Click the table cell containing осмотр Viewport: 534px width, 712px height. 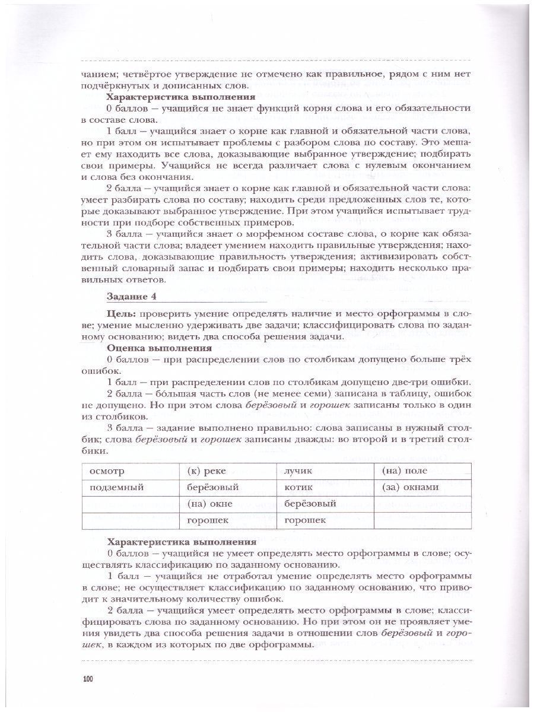click(x=129, y=471)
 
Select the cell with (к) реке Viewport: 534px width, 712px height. click(x=227, y=471)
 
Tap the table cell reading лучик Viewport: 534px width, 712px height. click(x=325, y=471)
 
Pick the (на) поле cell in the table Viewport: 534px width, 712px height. click(x=422, y=471)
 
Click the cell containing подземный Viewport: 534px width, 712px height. click(x=129, y=488)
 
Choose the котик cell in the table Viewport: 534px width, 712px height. click(x=325, y=488)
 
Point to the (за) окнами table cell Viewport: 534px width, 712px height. click(x=422, y=488)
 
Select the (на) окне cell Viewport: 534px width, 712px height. click(x=227, y=504)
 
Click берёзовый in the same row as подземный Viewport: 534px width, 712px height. click(x=227, y=488)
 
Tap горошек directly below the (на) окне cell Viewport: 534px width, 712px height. click(x=227, y=520)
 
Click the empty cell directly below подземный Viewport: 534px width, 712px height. click(x=129, y=504)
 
